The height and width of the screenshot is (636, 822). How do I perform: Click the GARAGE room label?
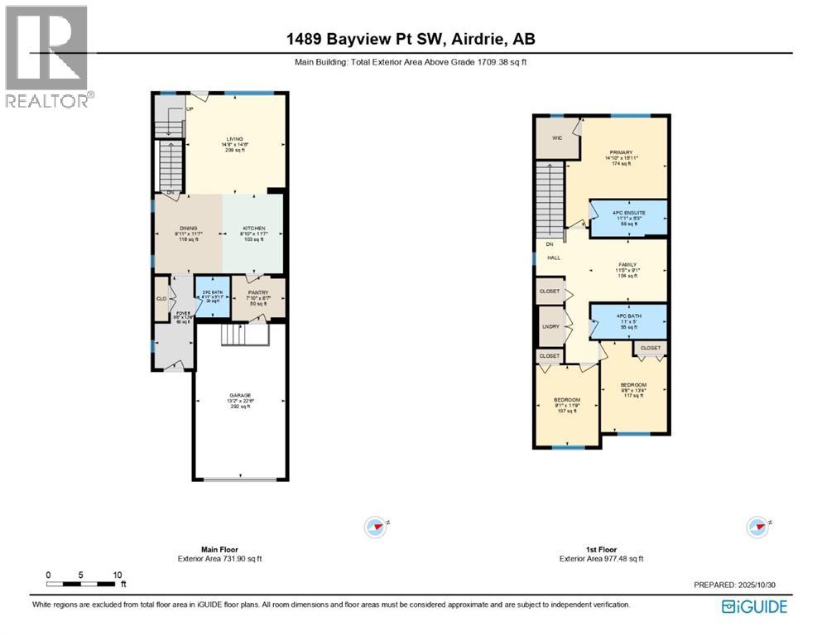click(241, 395)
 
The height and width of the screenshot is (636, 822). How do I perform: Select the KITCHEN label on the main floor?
click(253, 228)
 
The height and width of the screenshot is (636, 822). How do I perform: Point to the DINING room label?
click(189, 228)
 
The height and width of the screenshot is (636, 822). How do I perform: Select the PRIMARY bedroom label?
click(622, 152)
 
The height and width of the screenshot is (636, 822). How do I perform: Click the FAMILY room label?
click(627, 265)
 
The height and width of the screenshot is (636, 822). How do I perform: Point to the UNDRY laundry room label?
click(550, 326)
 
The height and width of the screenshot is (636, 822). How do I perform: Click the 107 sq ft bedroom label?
click(567, 401)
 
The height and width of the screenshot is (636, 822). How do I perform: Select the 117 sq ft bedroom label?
click(633, 385)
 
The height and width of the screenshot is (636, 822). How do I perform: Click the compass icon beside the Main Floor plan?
click(376, 526)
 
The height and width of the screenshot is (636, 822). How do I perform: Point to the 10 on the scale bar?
click(118, 575)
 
